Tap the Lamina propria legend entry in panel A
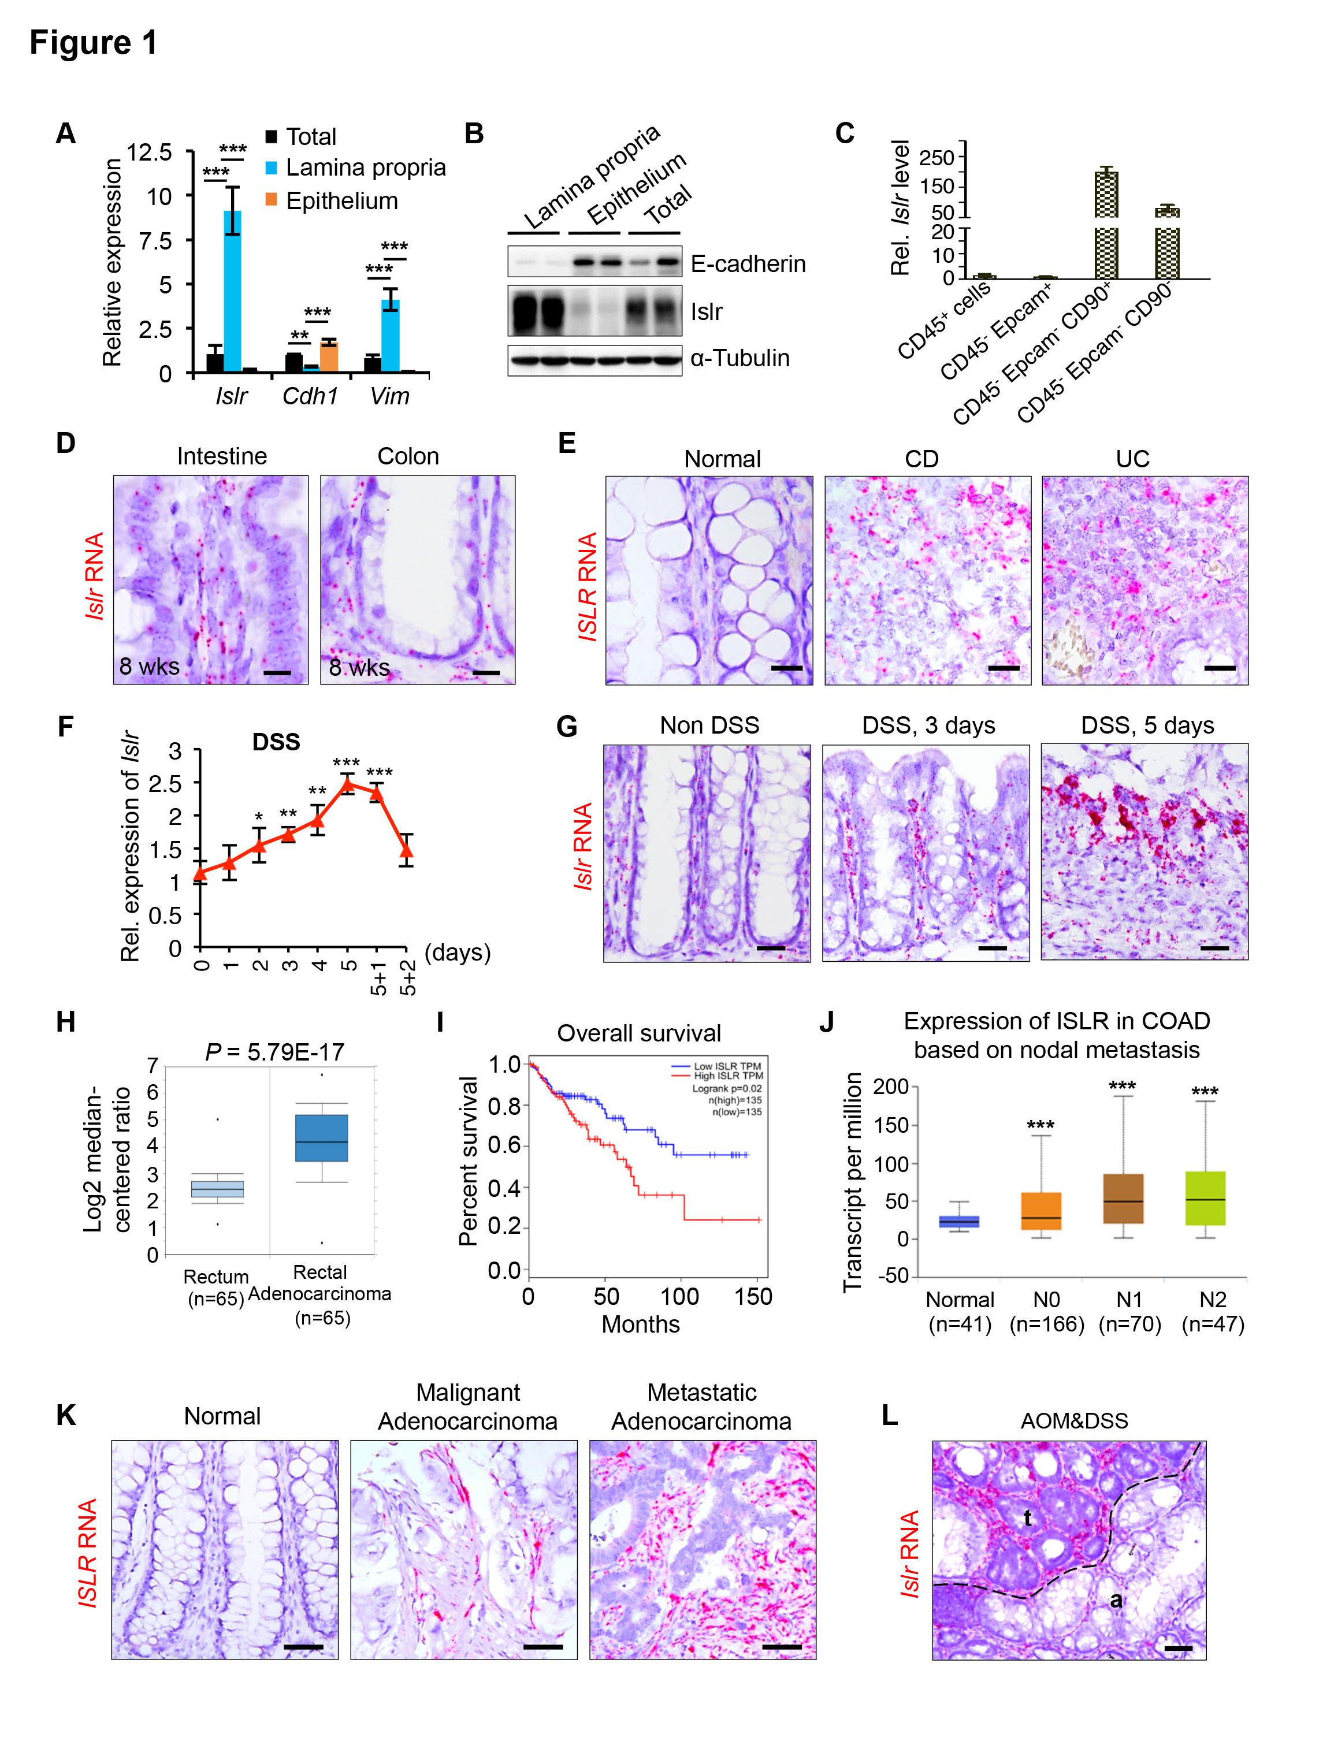[x=365, y=168]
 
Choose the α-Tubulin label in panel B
[x=739, y=358]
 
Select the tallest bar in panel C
[x=1105, y=223]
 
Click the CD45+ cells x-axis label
[x=946, y=320]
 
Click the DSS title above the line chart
[x=276, y=742]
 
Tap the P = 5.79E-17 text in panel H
[x=275, y=1052]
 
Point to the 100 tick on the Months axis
[x=681, y=1296]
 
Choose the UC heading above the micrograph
[x=1132, y=459]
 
